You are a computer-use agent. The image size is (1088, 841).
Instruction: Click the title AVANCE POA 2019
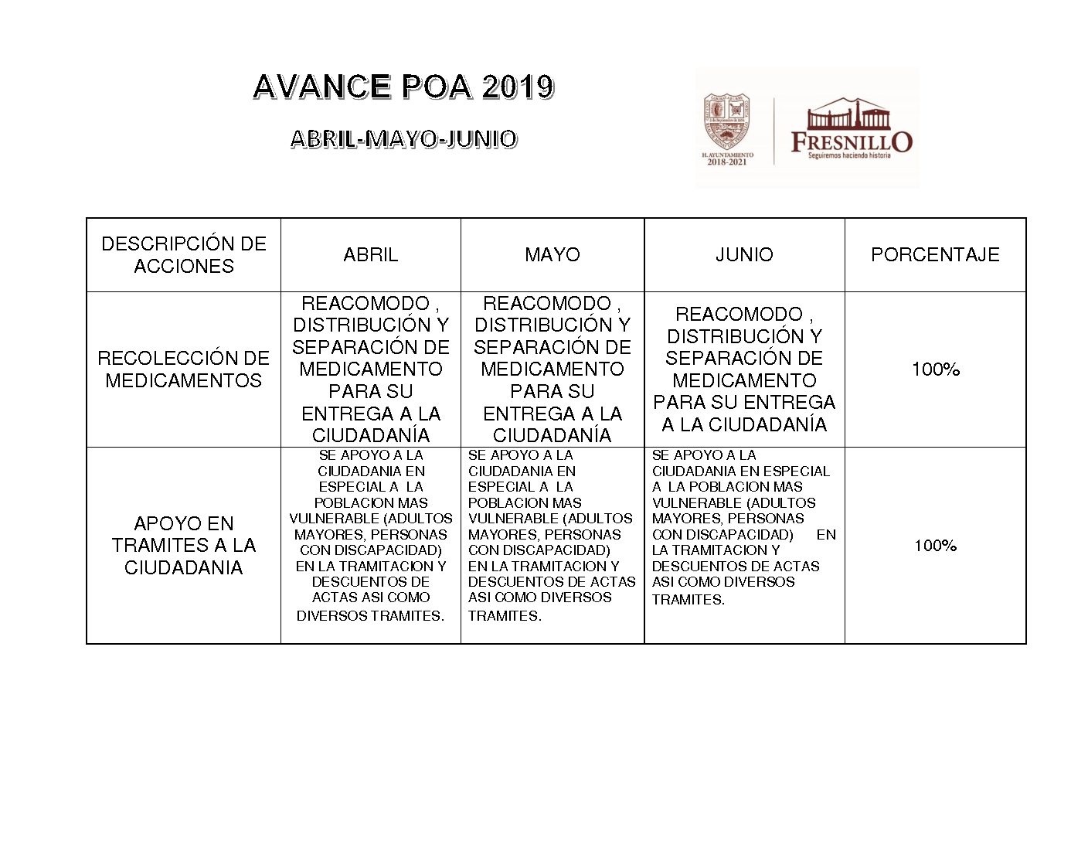pos(403,87)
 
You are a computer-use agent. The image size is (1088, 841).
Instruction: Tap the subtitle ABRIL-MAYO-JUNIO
pos(403,139)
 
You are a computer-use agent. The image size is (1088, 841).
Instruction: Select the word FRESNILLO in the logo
pos(851,141)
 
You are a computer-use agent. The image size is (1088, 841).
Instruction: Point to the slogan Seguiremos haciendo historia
pos(849,155)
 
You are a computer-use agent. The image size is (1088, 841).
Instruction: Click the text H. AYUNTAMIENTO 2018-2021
pos(727,158)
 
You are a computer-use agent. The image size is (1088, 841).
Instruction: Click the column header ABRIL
pos(370,254)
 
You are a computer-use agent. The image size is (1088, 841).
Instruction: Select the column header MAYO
pos(552,254)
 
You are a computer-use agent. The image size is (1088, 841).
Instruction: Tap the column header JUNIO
pos(744,254)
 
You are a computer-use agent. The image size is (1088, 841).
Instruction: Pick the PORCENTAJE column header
pos(935,254)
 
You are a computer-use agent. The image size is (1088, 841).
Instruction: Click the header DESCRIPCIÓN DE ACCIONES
pos(184,254)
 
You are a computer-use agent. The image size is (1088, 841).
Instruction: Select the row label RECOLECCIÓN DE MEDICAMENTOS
pos(184,369)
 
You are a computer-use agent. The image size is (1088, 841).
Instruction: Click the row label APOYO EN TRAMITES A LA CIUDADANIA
pos(184,545)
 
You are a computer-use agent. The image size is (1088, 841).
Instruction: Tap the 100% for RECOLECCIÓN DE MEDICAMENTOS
pos(935,369)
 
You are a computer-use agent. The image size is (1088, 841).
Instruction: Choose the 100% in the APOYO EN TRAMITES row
pos(935,546)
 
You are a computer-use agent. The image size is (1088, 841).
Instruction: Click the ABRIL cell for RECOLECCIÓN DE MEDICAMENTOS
pos(370,369)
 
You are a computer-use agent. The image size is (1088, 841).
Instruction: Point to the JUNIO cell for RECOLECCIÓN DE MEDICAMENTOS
pos(744,369)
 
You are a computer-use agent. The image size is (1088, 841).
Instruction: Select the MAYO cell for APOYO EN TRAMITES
pos(552,535)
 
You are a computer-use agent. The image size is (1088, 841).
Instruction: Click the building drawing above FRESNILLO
pos(848,114)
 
